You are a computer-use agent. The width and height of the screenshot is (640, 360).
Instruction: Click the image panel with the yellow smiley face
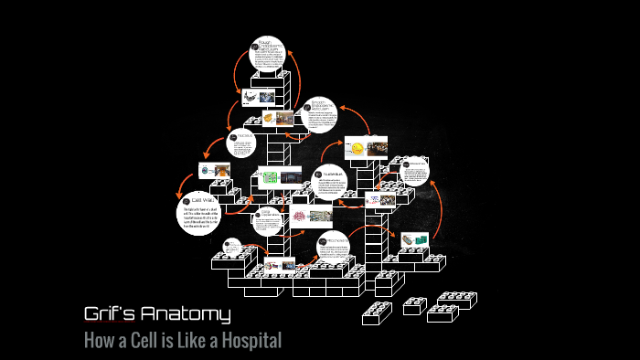[x=366, y=148]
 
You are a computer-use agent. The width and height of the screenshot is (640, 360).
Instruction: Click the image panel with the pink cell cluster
[x=308, y=216]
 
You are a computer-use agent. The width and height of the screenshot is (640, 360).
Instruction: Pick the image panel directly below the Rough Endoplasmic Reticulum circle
[x=260, y=96]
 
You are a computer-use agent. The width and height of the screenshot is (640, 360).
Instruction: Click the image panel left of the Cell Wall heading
[x=215, y=171]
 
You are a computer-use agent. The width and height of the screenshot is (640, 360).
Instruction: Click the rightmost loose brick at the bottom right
[x=454, y=300]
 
